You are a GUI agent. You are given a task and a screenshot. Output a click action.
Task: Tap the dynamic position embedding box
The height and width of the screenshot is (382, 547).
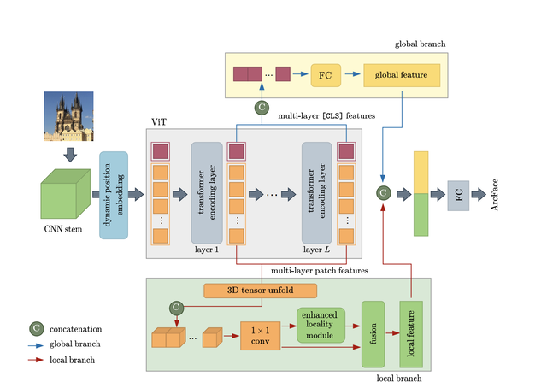tap(114, 193)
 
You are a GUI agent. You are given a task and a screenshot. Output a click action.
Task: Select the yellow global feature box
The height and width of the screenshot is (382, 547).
tap(402, 75)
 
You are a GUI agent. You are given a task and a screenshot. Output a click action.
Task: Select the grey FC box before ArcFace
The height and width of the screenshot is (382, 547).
tap(459, 195)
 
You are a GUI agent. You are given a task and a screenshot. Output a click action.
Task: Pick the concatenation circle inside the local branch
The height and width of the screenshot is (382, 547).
tap(175, 306)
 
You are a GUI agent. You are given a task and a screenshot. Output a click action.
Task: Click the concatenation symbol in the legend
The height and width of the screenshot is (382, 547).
tap(38, 327)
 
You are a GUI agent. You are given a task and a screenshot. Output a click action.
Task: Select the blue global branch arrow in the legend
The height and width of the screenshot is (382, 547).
tap(38, 344)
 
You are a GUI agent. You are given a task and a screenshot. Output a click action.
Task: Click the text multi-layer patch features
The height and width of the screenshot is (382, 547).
tap(320, 270)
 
